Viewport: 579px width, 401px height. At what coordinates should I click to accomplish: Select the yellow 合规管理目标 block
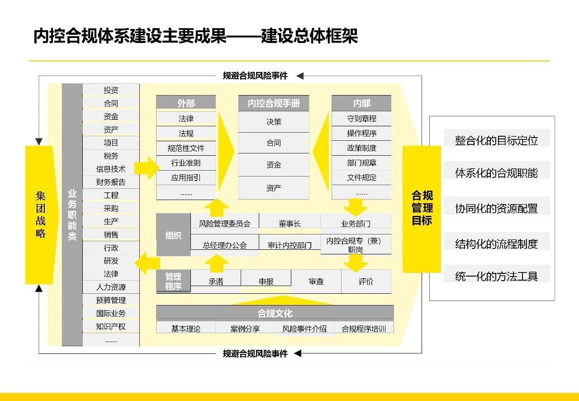click(422, 209)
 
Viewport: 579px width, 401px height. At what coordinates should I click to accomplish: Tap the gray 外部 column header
click(186, 103)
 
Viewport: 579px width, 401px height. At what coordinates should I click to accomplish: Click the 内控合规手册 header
click(274, 103)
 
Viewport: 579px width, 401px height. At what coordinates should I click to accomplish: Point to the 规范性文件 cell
click(186, 148)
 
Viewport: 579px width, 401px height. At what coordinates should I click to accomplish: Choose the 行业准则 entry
click(186, 163)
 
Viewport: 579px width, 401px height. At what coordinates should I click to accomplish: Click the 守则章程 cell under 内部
click(361, 119)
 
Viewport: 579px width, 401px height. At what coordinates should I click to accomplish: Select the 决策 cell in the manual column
click(274, 122)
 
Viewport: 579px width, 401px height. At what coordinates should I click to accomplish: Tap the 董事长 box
click(290, 224)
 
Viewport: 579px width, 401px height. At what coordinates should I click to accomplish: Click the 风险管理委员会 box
click(225, 224)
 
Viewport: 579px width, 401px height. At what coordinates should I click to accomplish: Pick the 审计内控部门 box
click(290, 245)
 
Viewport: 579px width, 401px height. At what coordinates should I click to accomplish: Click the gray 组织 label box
click(173, 235)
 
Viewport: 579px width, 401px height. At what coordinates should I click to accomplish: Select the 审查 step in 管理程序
click(316, 282)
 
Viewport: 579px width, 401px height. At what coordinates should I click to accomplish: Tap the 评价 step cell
click(366, 282)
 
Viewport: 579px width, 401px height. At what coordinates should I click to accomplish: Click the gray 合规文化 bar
click(275, 313)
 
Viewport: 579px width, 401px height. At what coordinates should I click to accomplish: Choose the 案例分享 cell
click(245, 329)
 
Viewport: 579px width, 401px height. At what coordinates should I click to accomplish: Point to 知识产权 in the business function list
click(111, 326)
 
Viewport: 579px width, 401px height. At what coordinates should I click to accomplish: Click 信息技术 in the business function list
click(111, 169)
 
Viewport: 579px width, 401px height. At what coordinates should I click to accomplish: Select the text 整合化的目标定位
click(496, 140)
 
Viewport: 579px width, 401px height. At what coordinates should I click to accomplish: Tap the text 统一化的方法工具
click(496, 276)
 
